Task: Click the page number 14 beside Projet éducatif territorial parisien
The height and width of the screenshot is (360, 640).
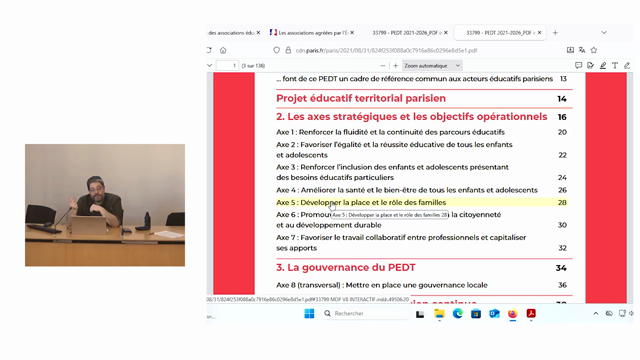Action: [x=562, y=98]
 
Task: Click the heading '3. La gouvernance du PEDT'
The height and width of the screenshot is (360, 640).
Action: [x=337, y=268]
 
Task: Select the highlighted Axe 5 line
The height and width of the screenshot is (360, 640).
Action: [x=361, y=203]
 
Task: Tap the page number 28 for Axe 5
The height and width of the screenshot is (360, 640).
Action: [x=562, y=203]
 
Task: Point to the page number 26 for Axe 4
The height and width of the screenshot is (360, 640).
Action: [x=562, y=190]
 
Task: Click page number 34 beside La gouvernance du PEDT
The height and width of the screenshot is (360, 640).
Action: [x=562, y=268]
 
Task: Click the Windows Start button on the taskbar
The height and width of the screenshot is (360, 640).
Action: [x=309, y=313]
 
